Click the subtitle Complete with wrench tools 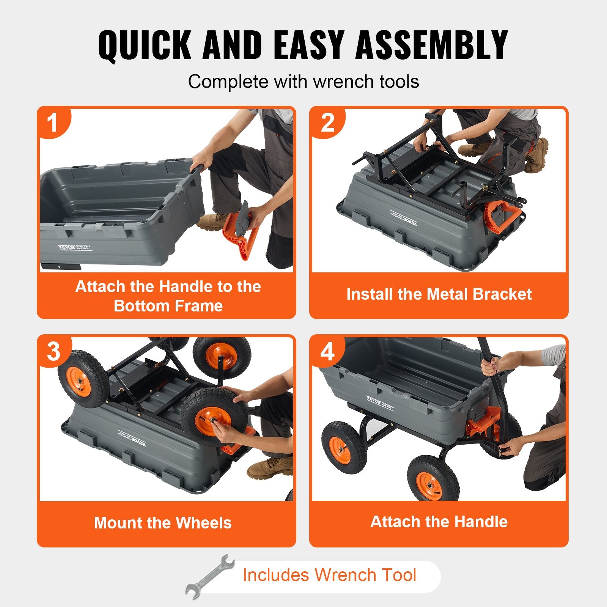pos(303,82)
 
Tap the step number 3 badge pos(53,351)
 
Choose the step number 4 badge pos(327,351)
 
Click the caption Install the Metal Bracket pos(439,294)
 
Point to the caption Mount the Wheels pos(163,523)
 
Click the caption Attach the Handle pos(439,522)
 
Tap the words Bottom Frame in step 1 pos(168,306)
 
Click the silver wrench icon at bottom pos(209,576)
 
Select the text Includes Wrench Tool pos(329,575)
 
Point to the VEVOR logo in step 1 pos(66,247)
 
